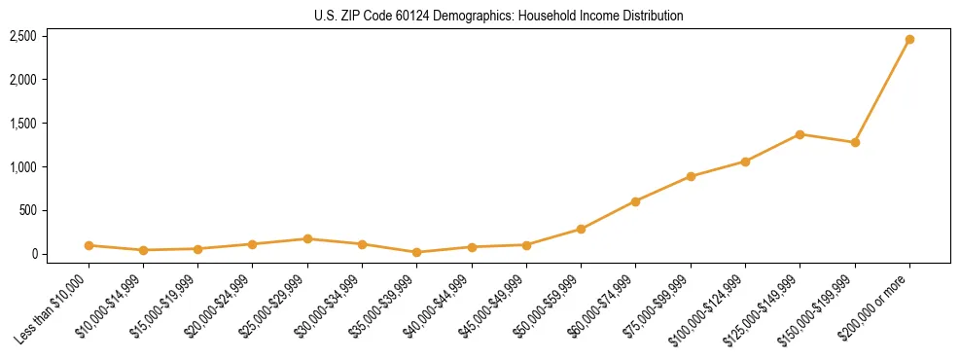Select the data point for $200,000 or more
coord(909,39)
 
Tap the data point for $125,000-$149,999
coord(800,134)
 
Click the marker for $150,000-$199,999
coord(855,142)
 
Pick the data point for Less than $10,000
coord(89,245)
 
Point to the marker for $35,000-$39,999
coord(417,252)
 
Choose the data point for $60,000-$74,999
coord(635,201)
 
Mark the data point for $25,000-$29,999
coord(307,238)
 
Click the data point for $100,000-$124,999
coord(745,162)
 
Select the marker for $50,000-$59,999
coord(581,230)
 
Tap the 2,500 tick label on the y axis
coord(23,36)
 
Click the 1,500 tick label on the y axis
coord(23,124)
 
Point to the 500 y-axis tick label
coord(28,210)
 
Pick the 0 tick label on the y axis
coord(34,254)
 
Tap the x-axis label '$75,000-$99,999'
coord(658,306)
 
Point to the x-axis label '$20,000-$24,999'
coord(219,306)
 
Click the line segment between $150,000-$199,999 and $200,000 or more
coord(882,90)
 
